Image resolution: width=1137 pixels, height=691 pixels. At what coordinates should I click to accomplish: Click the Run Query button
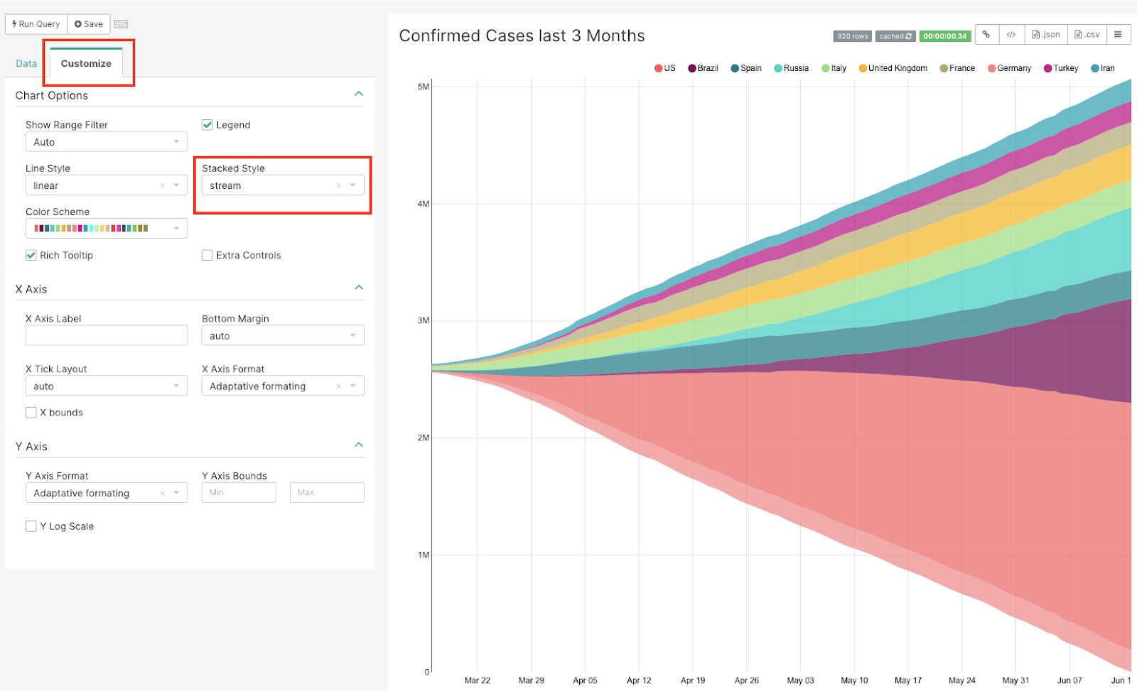click(36, 24)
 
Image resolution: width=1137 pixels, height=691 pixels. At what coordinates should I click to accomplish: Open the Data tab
click(26, 63)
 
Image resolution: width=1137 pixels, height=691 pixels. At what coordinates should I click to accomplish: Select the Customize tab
click(86, 63)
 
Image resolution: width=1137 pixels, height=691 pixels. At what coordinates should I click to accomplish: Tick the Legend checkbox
click(208, 125)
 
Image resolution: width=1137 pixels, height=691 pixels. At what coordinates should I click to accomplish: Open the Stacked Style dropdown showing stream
click(282, 185)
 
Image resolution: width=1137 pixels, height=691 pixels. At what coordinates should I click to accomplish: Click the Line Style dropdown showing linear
click(106, 185)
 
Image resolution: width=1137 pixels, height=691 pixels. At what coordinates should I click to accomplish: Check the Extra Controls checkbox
click(208, 255)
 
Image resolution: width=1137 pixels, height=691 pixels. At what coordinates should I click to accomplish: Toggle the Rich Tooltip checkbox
click(31, 255)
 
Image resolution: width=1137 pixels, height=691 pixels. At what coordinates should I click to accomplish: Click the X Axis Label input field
click(106, 335)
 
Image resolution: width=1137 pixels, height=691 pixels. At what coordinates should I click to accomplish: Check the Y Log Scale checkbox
click(31, 526)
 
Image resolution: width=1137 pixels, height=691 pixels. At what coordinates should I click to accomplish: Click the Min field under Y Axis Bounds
click(238, 492)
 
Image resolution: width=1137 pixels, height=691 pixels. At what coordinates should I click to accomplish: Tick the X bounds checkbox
click(31, 413)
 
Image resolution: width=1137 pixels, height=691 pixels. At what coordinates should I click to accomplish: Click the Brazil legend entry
click(704, 68)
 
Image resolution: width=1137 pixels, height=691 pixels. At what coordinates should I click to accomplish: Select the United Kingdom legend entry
click(893, 68)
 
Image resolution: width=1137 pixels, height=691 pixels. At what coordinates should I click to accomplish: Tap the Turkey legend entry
click(1061, 68)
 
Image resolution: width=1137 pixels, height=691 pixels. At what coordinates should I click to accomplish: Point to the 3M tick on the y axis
click(423, 320)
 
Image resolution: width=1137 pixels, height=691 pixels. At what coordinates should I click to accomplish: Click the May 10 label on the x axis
click(854, 680)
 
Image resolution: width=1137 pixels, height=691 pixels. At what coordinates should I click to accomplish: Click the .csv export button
click(1087, 34)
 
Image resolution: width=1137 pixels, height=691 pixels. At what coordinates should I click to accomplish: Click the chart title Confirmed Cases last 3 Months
click(522, 36)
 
